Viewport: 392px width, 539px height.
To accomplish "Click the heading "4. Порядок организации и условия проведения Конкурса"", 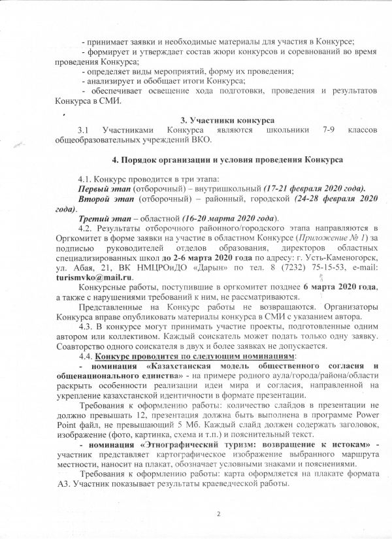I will pyautogui.click(x=225, y=159).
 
